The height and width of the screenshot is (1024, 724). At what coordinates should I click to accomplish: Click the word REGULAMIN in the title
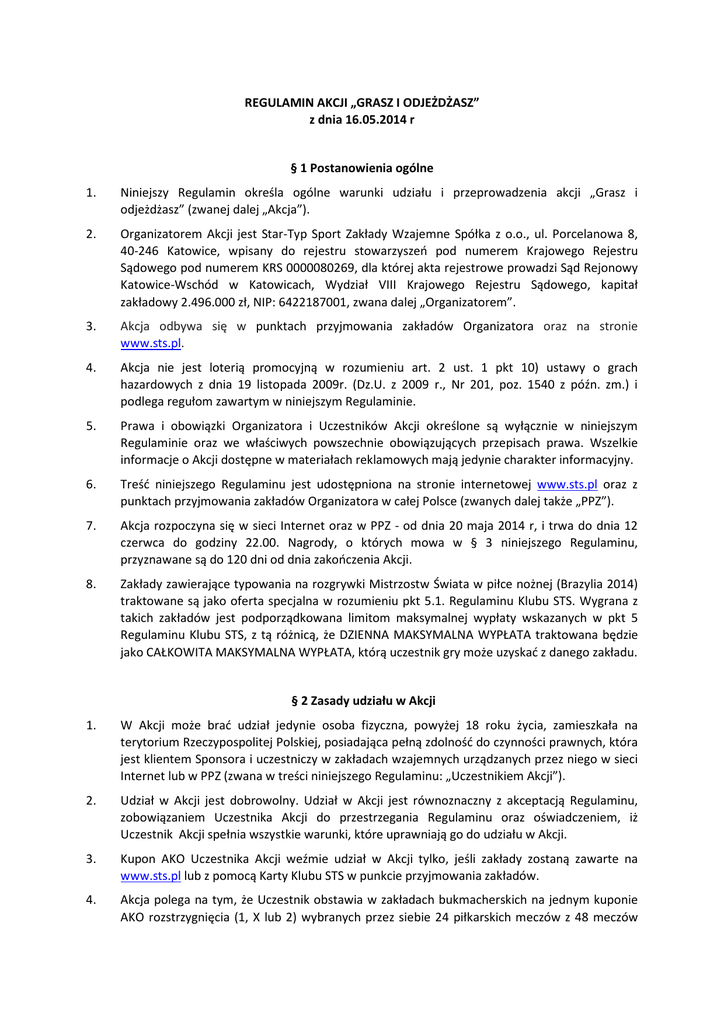coord(275,102)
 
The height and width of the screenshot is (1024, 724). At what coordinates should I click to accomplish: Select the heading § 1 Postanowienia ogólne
coord(361,168)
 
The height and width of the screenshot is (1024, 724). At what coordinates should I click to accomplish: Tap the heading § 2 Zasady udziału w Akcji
coord(361,701)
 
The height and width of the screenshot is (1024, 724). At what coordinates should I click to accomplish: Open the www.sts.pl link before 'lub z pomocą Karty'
coord(150,875)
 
